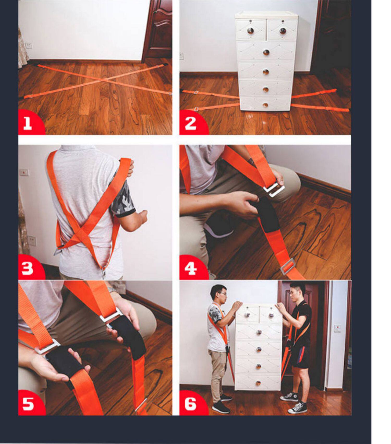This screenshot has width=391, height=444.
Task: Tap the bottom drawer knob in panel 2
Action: coord(265,105)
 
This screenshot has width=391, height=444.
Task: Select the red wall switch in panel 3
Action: coord(24,173)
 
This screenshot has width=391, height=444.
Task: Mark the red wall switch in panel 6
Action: coord(337,328)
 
